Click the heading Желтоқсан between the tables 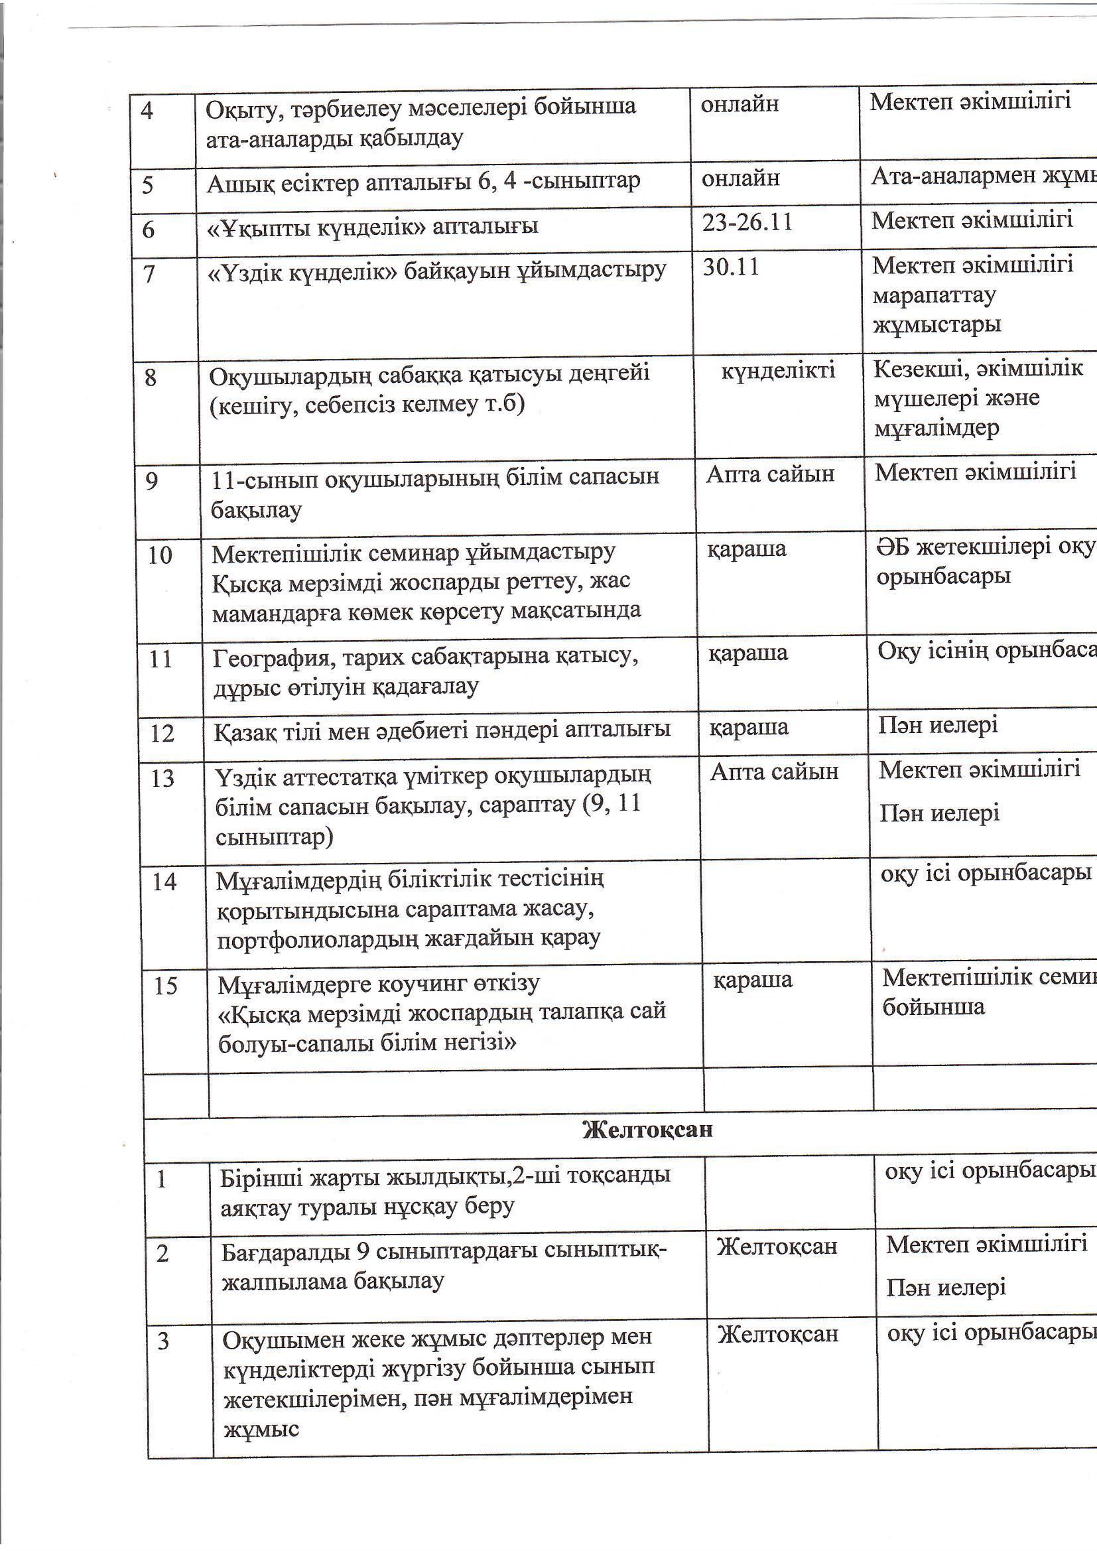(647, 1130)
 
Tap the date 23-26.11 (746, 222)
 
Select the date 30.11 (731, 267)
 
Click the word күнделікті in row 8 (777, 370)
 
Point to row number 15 (165, 986)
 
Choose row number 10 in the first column (160, 555)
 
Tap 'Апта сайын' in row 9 (770, 474)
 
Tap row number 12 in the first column (162, 734)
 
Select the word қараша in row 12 (748, 728)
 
